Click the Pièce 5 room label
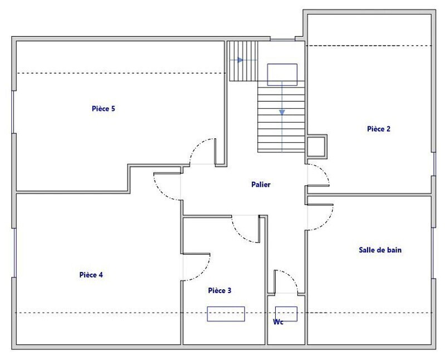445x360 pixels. coord(103,109)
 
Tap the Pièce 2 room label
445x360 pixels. coord(379,129)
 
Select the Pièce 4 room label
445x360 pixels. coord(91,275)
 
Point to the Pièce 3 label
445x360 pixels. coord(219,290)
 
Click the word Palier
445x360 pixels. coord(261,184)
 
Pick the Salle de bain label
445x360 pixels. coord(380,250)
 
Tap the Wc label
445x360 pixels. coord(278,322)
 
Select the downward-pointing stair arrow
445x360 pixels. coord(282,112)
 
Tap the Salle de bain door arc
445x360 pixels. coord(329,220)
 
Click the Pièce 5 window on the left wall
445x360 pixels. coord(12,112)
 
